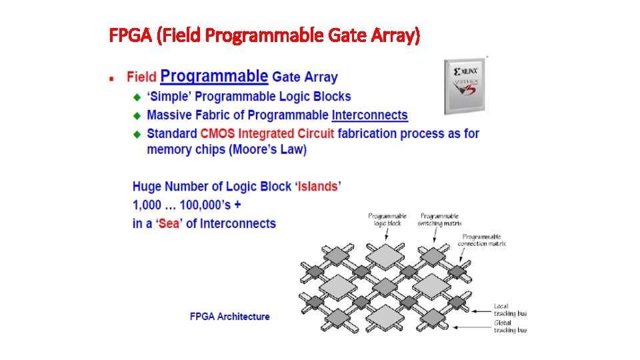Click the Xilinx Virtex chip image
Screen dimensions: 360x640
click(x=465, y=85)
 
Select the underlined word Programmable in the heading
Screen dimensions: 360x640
click(x=214, y=76)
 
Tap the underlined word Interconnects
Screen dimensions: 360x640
click(x=369, y=115)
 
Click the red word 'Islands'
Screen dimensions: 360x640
click(x=318, y=187)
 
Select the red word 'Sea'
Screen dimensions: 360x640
click(x=169, y=223)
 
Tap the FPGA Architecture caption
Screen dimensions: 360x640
click(x=230, y=317)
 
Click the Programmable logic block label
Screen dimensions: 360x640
click(x=387, y=219)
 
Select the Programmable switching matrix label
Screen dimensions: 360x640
click(x=439, y=219)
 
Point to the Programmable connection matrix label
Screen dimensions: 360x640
click(x=481, y=240)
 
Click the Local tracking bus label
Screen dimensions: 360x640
click(x=510, y=310)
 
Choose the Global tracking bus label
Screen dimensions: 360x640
click(x=510, y=327)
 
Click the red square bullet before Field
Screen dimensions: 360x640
click(x=113, y=78)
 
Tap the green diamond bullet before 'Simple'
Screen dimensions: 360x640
click(x=137, y=97)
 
